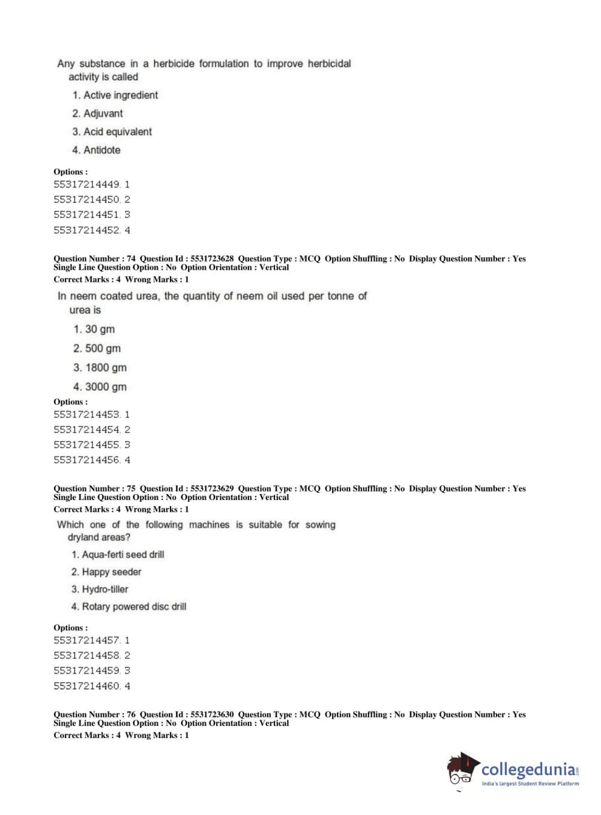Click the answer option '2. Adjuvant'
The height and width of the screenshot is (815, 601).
click(x=97, y=114)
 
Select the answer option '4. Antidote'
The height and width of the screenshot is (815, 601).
click(x=96, y=150)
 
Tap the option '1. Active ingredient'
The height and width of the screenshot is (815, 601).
click(x=115, y=95)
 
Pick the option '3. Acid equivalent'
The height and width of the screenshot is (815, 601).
click(x=112, y=132)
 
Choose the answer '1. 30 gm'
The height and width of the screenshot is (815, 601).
click(x=94, y=329)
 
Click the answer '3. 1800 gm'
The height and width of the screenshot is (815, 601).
click(x=100, y=368)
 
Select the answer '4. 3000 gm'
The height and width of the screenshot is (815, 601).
click(x=100, y=387)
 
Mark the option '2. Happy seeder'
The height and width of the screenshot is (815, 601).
click(x=106, y=572)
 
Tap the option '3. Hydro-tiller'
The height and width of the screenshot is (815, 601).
click(x=100, y=590)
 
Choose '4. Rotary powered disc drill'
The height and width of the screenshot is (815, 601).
click(x=128, y=607)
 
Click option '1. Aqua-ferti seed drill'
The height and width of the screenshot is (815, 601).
click(x=118, y=555)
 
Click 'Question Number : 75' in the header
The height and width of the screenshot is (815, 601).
click(x=94, y=489)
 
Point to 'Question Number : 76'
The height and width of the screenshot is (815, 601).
click(x=94, y=715)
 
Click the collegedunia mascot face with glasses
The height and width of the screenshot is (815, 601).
click(x=461, y=772)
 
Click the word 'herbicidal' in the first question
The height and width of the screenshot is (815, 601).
click(x=329, y=64)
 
